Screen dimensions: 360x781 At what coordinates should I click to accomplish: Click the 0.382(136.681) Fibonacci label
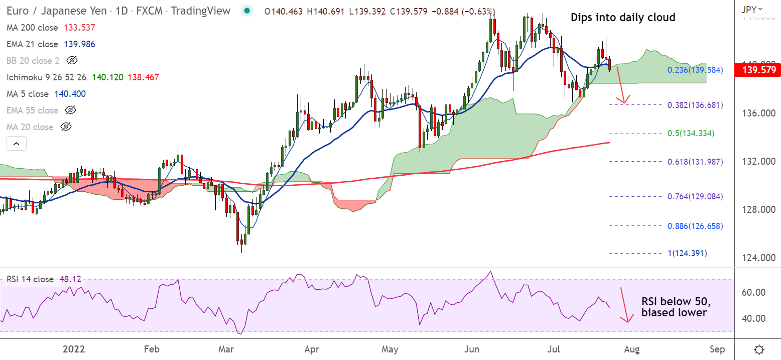(x=695, y=105)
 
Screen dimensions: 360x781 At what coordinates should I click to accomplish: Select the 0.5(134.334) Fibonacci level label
(x=691, y=133)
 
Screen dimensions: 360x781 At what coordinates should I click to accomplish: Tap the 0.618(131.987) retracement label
(x=695, y=161)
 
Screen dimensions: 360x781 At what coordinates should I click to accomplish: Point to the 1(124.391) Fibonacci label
(x=686, y=253)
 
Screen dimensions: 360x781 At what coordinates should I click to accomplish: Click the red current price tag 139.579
(x=757, y=70)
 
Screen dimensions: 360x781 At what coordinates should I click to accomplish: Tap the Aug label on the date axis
(x=632, y=349)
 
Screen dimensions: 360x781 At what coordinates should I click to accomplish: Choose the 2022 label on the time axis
(x=74, y=349)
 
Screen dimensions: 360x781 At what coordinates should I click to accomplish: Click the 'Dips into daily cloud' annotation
(x=623, y=18)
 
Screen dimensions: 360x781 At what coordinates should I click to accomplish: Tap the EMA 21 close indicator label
(x=33, y=44)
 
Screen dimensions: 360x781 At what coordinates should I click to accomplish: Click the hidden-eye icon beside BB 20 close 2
(x=72, y=61)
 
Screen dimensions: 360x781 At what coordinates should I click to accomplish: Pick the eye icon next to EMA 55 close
(x=71, y=110)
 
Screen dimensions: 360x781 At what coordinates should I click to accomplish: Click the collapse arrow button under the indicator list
(x=16, y=144)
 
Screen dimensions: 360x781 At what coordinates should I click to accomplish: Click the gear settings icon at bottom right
(x=759, y=349)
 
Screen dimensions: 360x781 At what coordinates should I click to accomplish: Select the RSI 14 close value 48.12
(x=70, y=279)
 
